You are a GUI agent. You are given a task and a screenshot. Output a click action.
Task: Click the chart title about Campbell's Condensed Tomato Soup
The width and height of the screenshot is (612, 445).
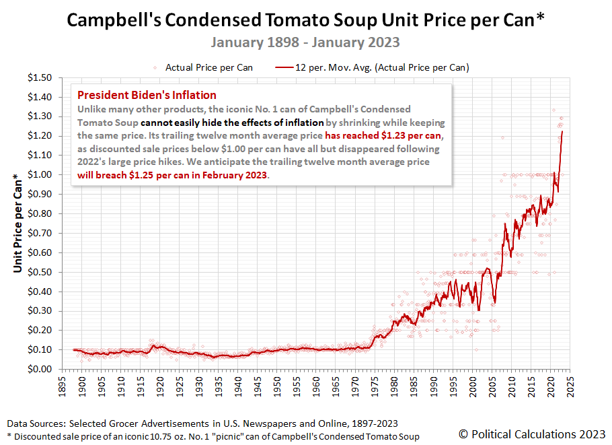(305, 20)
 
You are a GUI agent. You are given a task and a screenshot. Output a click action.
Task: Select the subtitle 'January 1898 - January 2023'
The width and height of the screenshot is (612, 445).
(305, 42)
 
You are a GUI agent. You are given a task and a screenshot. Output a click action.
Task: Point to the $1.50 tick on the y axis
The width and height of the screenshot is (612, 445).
(38, 78)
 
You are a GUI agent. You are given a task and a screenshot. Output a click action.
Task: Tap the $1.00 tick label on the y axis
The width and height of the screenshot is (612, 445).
(38, 175)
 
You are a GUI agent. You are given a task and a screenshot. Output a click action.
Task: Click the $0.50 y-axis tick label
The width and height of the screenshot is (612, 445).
(38, 272)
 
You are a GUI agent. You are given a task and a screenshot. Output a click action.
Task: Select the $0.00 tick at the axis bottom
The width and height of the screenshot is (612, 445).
(38, 369)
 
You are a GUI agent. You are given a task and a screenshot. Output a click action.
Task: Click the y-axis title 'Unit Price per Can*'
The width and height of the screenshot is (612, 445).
(18, 224)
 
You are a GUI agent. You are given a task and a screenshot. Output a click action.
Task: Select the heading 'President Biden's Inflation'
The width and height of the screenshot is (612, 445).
(147, 95)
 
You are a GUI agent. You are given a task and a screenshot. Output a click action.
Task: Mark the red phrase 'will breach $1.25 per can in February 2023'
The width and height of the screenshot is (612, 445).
(173, 176)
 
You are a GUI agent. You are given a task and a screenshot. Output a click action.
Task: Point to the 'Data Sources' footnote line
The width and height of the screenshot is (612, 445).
(202, 423)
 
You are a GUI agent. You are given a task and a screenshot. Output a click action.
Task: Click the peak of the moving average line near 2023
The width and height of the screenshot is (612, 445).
(562, 132)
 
